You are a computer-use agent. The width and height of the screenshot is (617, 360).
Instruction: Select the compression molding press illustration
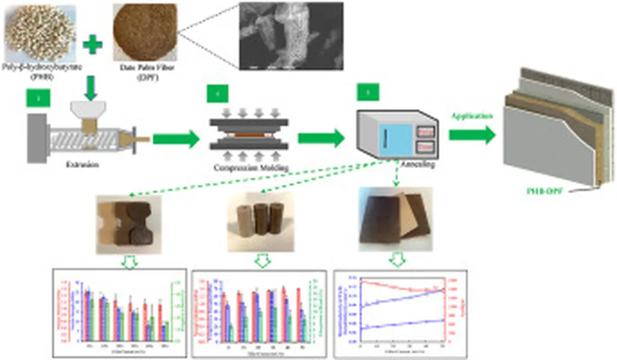[248, 134]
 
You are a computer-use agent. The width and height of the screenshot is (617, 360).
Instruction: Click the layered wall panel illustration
[558, 127]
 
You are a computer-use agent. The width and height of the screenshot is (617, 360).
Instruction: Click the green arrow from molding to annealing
[321, 139]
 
